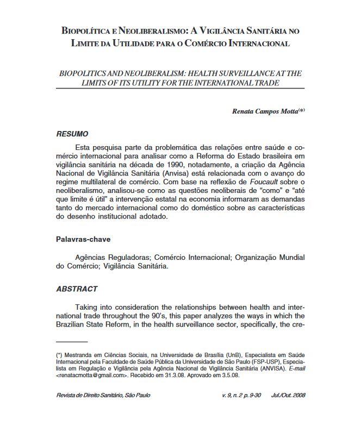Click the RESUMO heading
point(72,134)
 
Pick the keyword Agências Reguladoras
point(114,257)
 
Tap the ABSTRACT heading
point(77,289)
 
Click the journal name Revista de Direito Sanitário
point(88,395)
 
